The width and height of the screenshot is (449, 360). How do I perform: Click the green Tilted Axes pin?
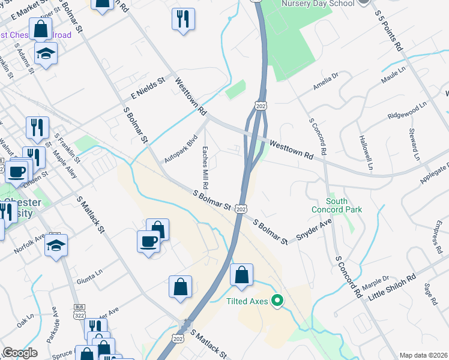point(277,301)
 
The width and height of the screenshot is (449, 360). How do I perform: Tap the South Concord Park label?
point(336,205)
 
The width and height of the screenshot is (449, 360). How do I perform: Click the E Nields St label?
point(148,88)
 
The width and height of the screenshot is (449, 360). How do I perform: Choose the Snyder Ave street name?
point(315,230)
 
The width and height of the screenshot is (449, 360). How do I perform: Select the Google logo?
point(20,353)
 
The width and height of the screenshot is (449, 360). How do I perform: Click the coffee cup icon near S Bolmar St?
point(149,242)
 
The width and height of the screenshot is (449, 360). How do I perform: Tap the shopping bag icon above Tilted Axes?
point(241,275)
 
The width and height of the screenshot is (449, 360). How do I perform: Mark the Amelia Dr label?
point(327,82)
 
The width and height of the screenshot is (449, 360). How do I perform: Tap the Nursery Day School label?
point(318,3)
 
